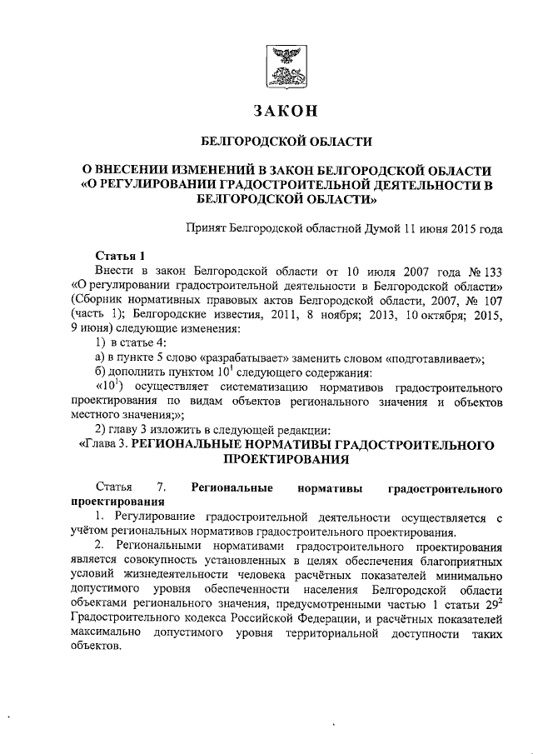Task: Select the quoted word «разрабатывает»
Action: click(x=226, y=358)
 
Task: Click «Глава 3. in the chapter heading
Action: click(x=102, y=445)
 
